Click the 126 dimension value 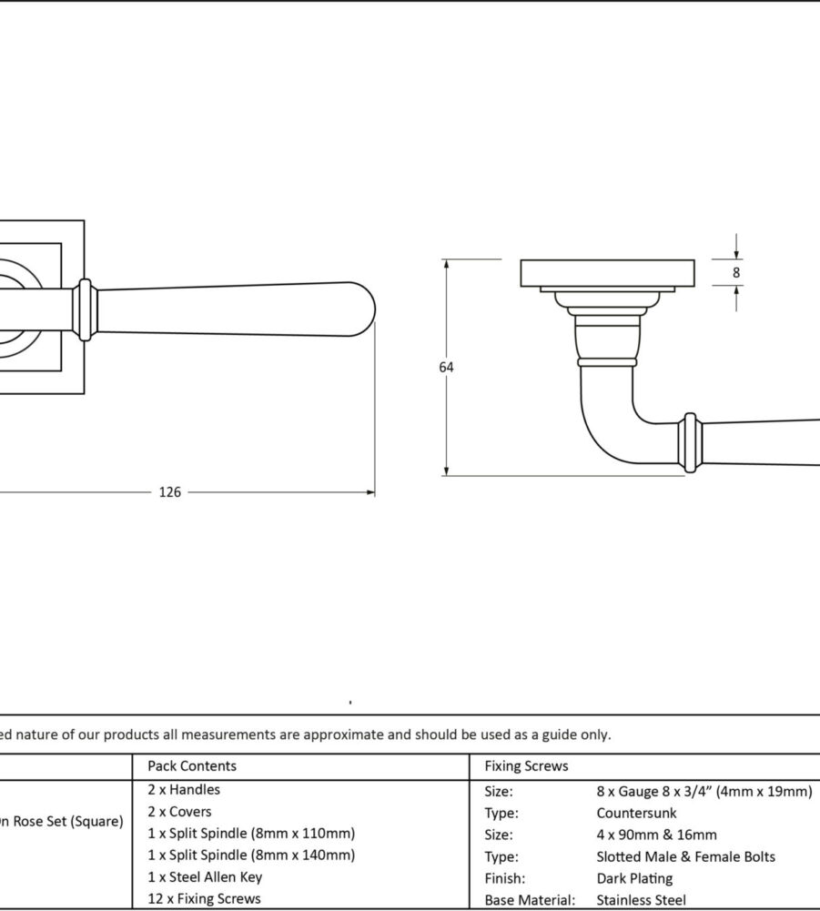pos(170,492)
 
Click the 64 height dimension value pos(446,368)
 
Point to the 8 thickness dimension pos(736,272)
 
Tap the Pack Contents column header pos(192,766)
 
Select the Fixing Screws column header pos(526,766)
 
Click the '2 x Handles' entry pos(184,790)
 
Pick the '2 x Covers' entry pos(179,812)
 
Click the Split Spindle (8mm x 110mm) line pos(251,834)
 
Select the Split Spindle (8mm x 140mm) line pos(251,855)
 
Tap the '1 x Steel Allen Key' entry pos(205,877)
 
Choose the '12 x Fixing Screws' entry pos(204,899)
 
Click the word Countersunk pos(637,814)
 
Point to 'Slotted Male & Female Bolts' pos(686,857)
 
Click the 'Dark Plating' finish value pos(635,879)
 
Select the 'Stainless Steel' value pos(641,901)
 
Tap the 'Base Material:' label pos(530,901)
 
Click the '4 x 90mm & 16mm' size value pos(657,835)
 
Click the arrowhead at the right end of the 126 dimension pos(370,492)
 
